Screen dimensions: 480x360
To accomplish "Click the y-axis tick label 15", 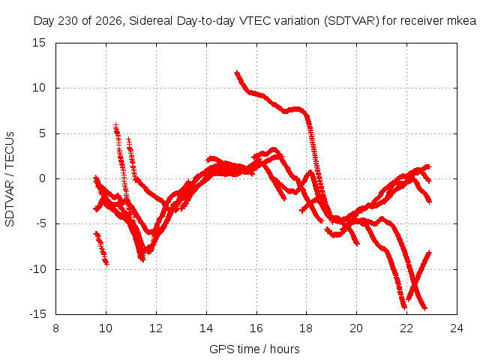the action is [39, 43].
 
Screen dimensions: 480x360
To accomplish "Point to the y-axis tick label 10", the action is [39, 88].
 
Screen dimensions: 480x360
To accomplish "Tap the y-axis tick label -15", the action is [37, 314].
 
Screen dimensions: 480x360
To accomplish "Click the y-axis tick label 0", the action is [43, 178].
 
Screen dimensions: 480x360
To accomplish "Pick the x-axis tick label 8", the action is [55, 328].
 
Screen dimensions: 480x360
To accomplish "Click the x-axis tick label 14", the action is [206, 328].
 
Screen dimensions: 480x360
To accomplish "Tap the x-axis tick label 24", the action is [457, 328].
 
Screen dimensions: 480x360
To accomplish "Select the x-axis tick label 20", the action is [356, 328].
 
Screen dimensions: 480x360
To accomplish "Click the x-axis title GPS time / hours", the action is [254, 349].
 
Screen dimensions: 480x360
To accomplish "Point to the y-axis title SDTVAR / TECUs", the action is [10, 179].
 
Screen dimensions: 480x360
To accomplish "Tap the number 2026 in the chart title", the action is [109, 21].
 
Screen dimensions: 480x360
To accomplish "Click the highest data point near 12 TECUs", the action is [236, 73].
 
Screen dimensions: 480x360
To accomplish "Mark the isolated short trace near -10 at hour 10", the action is [101, 248].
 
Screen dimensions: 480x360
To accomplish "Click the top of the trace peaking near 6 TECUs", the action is [115, 125].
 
